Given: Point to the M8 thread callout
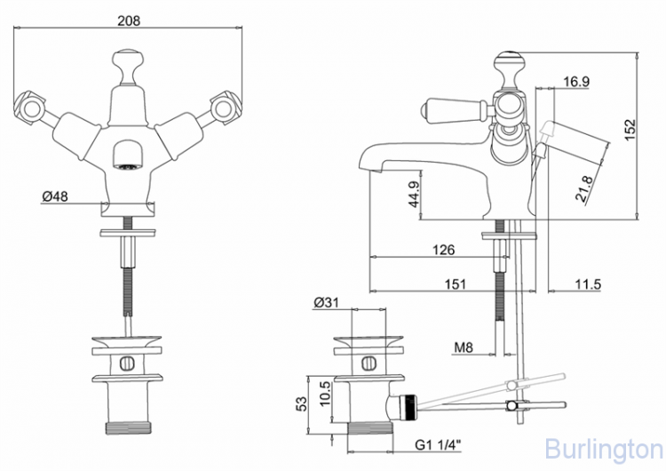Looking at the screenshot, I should (x=462, y=347).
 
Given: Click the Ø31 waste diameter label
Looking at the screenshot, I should (x=326, y=302).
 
